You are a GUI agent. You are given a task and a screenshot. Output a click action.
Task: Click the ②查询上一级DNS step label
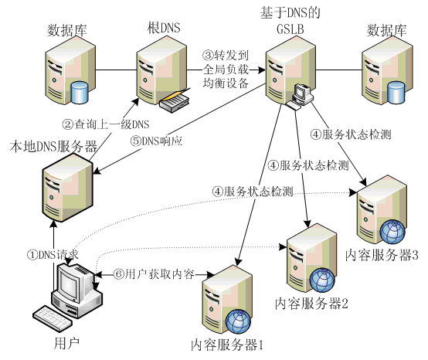point(105,124)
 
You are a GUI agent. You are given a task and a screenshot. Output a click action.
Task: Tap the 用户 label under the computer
point(63,341)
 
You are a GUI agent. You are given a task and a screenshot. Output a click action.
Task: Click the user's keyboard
point(54,317)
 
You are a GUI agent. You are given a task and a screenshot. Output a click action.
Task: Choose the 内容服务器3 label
point(382,256)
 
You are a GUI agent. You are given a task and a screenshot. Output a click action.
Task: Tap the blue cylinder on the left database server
point(80,93)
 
